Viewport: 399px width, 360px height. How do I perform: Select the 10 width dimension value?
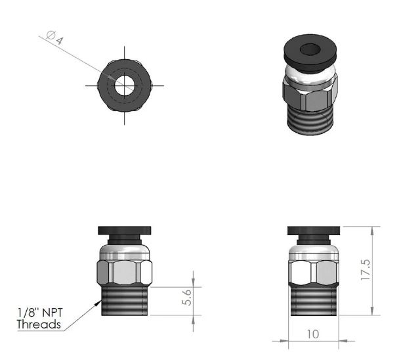tap(312, 334)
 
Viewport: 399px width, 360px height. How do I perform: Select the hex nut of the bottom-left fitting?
tap(124, 271)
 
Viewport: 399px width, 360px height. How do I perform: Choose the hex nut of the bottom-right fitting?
tap(313, 271)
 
